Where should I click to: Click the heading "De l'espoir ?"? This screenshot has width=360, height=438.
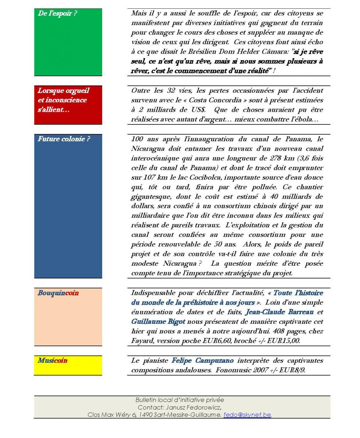(57, 14)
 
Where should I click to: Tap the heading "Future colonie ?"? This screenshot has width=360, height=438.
(63, 139)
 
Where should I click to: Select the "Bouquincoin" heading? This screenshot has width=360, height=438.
(58, 293)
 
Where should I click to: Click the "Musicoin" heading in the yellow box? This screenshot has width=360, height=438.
(53, 361)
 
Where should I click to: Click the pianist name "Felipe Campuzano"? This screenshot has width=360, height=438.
(202, 361)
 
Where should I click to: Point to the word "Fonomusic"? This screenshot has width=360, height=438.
(234, 370)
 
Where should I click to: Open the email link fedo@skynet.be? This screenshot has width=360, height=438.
(247, 415)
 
